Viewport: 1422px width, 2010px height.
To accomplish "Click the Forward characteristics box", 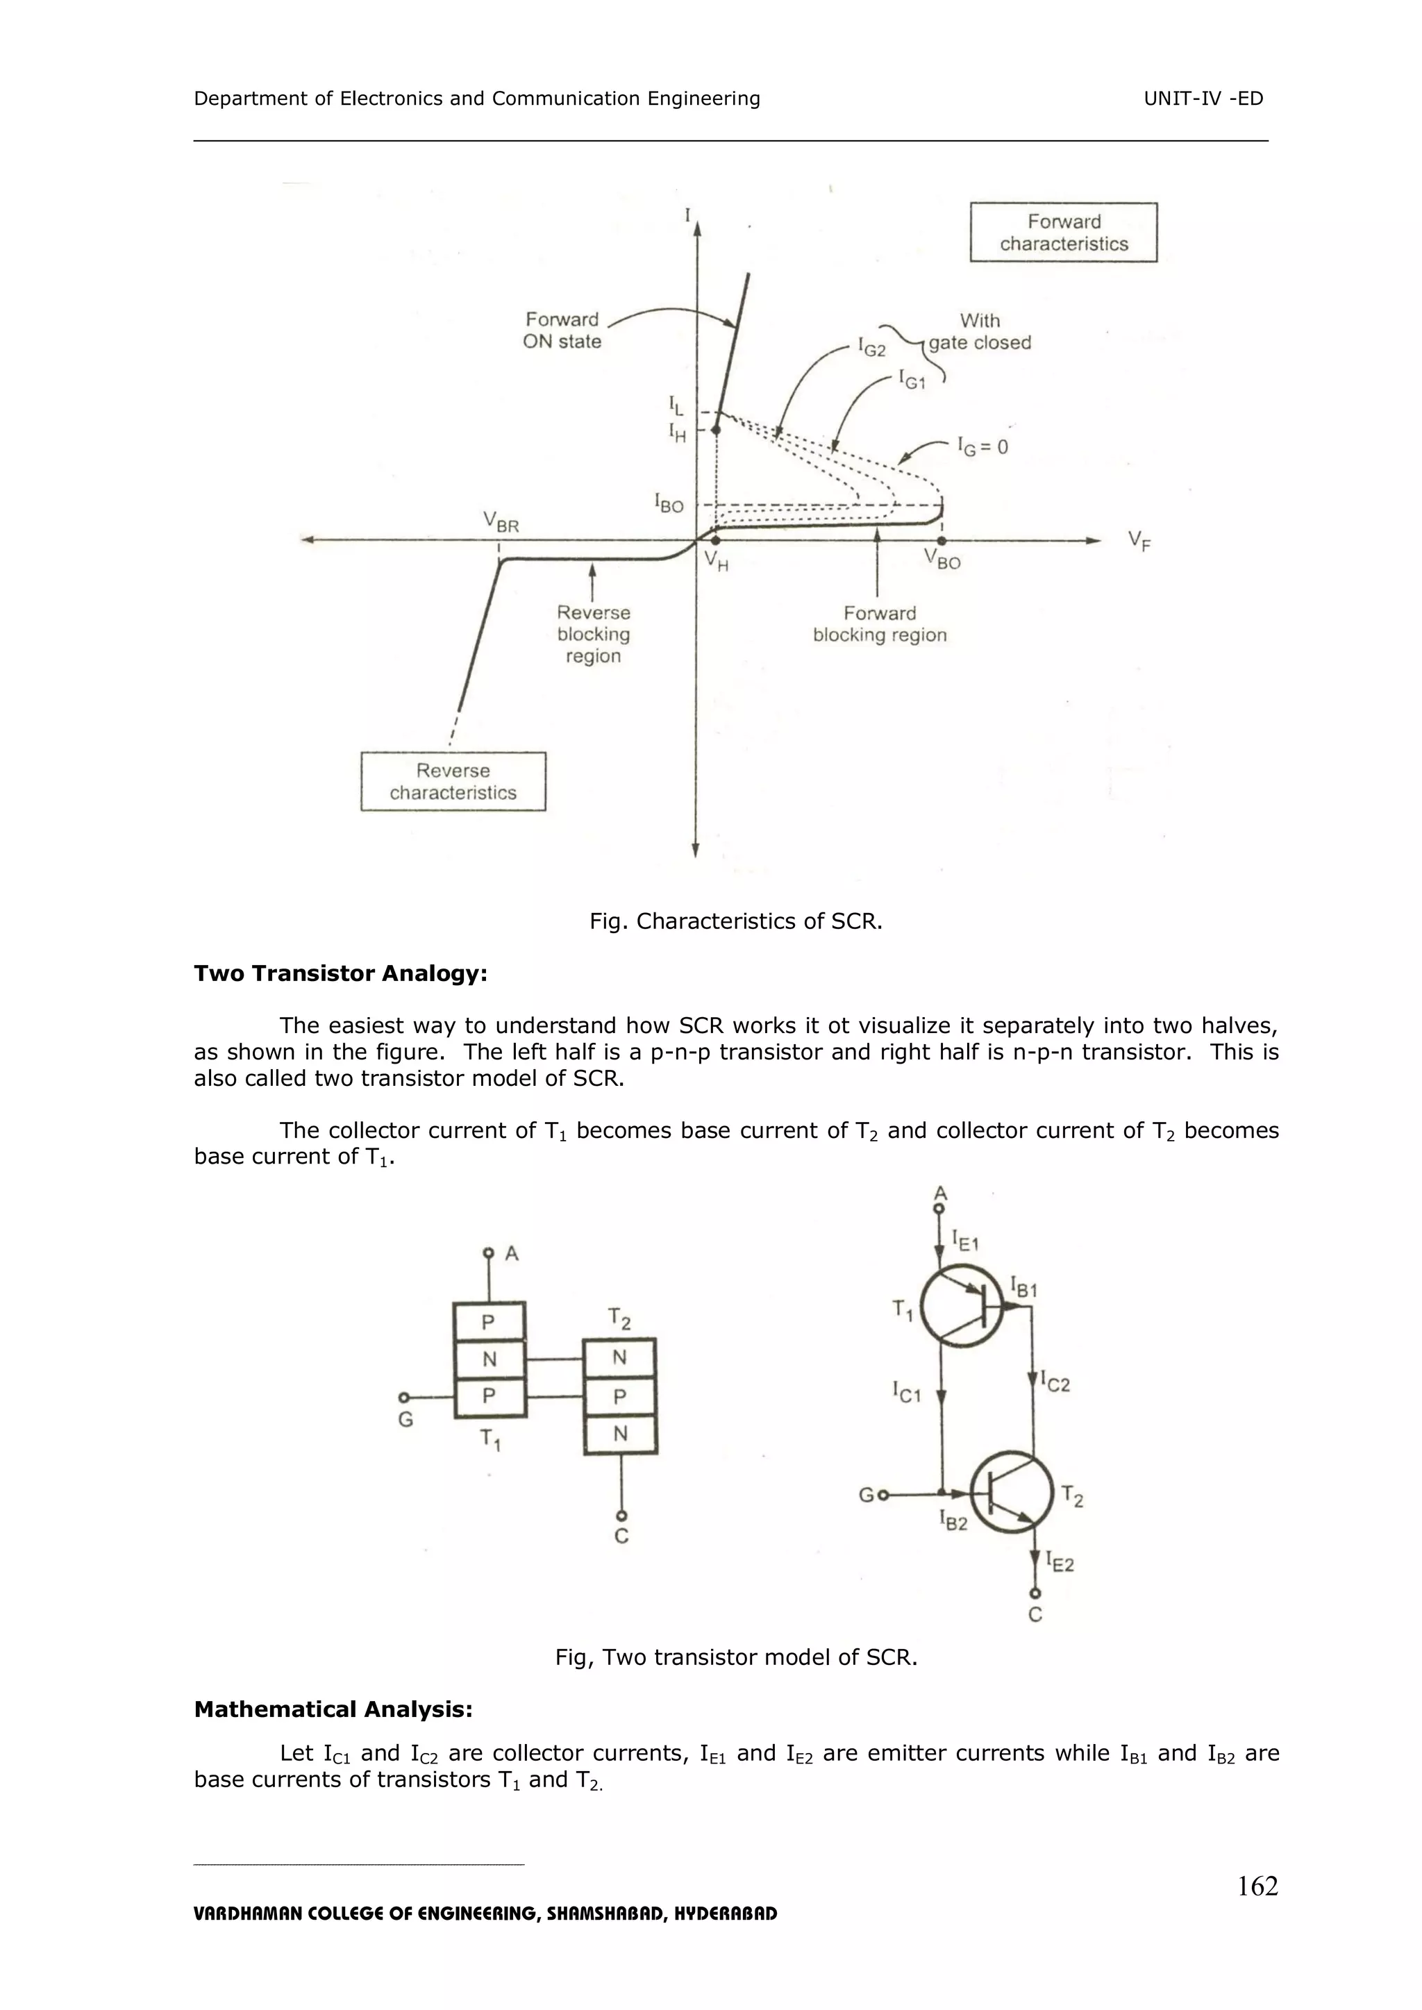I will pyautogui.click(x=1063, y=233).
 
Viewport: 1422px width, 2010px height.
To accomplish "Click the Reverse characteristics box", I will pyautogui.click(x=453, y=781).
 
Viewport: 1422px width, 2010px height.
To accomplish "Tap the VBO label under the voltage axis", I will pyautogui.click(x=942, y=560).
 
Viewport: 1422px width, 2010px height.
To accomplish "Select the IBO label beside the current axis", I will pyautogui.click(x=669, y=503).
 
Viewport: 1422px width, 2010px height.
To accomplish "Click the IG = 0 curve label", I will pyautogui.click(x=982, y=447).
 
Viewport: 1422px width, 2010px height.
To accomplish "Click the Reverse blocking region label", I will pyautogui.click(x=594, y=634).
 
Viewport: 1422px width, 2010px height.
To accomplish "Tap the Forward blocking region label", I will pyautogui.click(x=879, y=623).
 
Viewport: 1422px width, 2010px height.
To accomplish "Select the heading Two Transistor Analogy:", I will pyautogui.click(x=340, y=973).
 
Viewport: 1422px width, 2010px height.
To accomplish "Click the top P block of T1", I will pyautogui.click(x=489, y=1322).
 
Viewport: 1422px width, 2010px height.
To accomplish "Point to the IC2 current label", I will pyautogui.click(x=1055, y=1383).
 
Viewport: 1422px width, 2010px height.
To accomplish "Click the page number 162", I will pyautogui.click(x=1257, y=1886).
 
